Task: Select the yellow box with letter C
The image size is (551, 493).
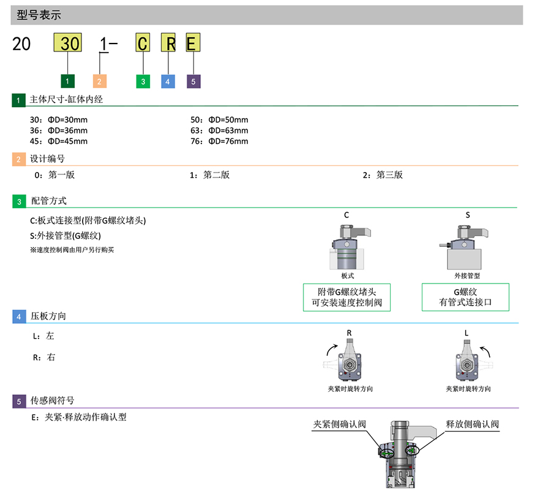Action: tap(143, 43)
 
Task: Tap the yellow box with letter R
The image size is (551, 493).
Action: tap(168, 43)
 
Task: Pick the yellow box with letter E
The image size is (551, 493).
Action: tap(192, 43)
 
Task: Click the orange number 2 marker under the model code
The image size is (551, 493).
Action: tap(99, 81)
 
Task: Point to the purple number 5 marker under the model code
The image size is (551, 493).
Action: tap(193, 81)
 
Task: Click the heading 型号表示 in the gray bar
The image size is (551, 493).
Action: tap(39, 15)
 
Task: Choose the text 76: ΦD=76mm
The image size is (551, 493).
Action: tap(219, 141)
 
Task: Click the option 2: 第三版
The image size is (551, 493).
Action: tap(383, 175)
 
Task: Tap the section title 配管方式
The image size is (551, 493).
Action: tap(49, 201)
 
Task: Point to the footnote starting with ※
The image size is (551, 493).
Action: tap(72, 250)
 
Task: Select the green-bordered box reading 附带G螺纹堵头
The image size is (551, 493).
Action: tap(347, 297)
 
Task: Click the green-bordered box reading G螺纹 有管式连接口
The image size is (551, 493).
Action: tap(465, 297)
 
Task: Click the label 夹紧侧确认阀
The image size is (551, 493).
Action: tap(339, 424)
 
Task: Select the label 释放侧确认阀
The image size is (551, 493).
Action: tap(472, 424)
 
